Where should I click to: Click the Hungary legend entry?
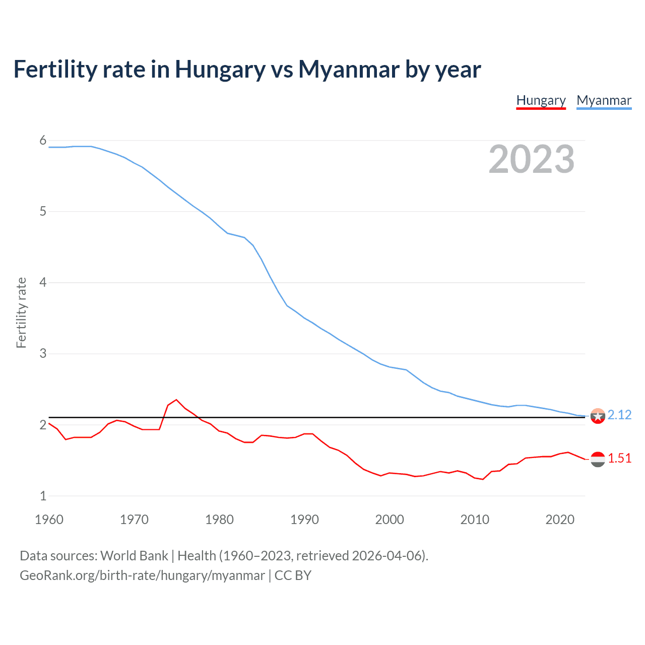pyautogui.click(x=541, y=100)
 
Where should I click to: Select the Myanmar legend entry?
pyautogui.click(x=604, y=100)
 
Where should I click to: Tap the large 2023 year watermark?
pyautogui.click(x=531, y=159)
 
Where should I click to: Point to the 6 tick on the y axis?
pyautogui.click(x=43, y=141)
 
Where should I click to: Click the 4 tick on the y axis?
pyautogui.click(x=43, y=283)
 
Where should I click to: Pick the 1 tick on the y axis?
pyautogui.click(x=43, y=496)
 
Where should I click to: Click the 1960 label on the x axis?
pyautogui.click(x=49, y=520)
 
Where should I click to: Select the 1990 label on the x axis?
pyautogui.click(x=304, y=520)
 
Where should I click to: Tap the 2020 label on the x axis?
pyautogui.click(x=560, y=520)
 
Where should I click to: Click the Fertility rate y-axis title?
pyautogui.click(x=21, y=312)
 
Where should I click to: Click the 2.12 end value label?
pyautogui.click(x=619, y=415)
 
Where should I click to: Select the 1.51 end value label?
pyautogui.click(x=619, y=458)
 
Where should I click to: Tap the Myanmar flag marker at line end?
pyautogui.click(x=598, y=416)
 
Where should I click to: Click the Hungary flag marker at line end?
pyautogui.click(x=598, y=459)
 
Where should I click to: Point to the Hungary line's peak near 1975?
pyautogui.click(x=176, y=400)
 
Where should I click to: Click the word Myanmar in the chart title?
pyautogui.click(x=349, y=69)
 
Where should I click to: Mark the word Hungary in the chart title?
pyautogui.click(x=220, y=69)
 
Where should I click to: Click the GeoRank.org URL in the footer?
pyautogui.click(x=142, y=575)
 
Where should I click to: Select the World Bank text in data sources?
pyautogui.click(x=134, y=556)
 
